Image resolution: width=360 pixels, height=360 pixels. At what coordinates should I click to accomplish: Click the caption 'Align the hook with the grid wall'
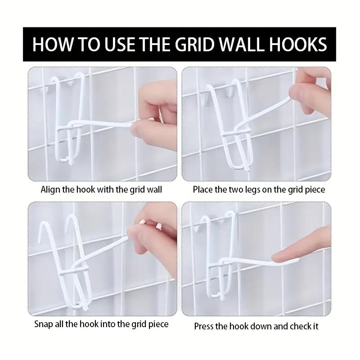[101, 189]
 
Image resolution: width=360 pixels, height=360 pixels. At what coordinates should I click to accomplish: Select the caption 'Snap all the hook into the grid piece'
[101, 324]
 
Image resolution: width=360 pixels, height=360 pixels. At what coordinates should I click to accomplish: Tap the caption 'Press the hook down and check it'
[256, 326]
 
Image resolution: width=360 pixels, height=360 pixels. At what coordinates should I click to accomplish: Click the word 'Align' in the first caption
[50, 189]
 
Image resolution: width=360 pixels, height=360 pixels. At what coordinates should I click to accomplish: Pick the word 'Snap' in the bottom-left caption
[44, 324]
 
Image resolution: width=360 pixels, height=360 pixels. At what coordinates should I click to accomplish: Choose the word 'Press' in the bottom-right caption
[204, 326]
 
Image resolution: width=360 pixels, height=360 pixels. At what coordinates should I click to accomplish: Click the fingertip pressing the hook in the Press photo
[288, 256]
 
